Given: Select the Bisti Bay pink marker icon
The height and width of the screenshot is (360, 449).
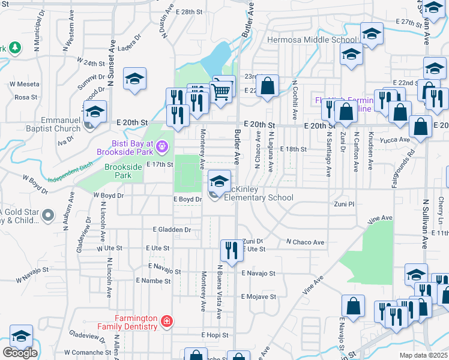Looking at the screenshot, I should (161, 146).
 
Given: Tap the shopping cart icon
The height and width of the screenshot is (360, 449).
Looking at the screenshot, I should (222, 91).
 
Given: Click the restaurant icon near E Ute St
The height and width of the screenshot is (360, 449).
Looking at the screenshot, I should (231, 249).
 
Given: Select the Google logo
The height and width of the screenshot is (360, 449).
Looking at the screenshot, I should (20, 353).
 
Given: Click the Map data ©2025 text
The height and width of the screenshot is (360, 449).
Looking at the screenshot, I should (423, 355).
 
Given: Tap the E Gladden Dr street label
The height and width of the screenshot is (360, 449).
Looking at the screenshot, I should (172, 229).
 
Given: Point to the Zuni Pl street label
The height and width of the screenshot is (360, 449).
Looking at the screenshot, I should (345, 205).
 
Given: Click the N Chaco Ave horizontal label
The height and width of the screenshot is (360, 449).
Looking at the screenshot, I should (305, 242).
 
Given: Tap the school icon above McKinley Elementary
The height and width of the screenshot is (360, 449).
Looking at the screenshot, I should (220, 180).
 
